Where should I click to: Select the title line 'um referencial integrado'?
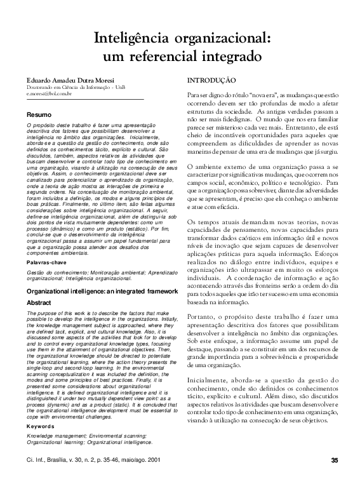[x=182, y=56]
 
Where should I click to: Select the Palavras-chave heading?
[x=47, y=262]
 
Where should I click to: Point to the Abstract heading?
[x=38, y=303]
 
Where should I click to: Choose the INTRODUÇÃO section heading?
[x=212, y=81]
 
